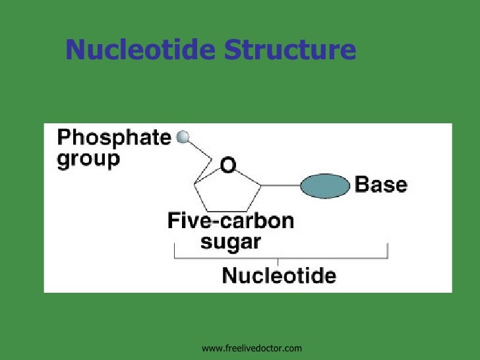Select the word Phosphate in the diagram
[x=114, y=138]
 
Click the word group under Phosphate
[x=88, y=160]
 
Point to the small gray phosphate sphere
[x=183, y=136]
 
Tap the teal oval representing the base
[x=324, y=185]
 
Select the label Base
[x=381, y=185]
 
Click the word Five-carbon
[x=230, y=220]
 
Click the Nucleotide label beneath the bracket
[x=279, y=274]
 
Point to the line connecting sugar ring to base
[x=281, y=185]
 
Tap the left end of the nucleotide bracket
[x=174, y=251]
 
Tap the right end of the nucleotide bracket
[x=388, y=251]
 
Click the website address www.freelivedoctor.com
[x=251, y=347]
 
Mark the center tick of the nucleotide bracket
[x=278, y=261]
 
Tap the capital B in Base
[x=362, y=185]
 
